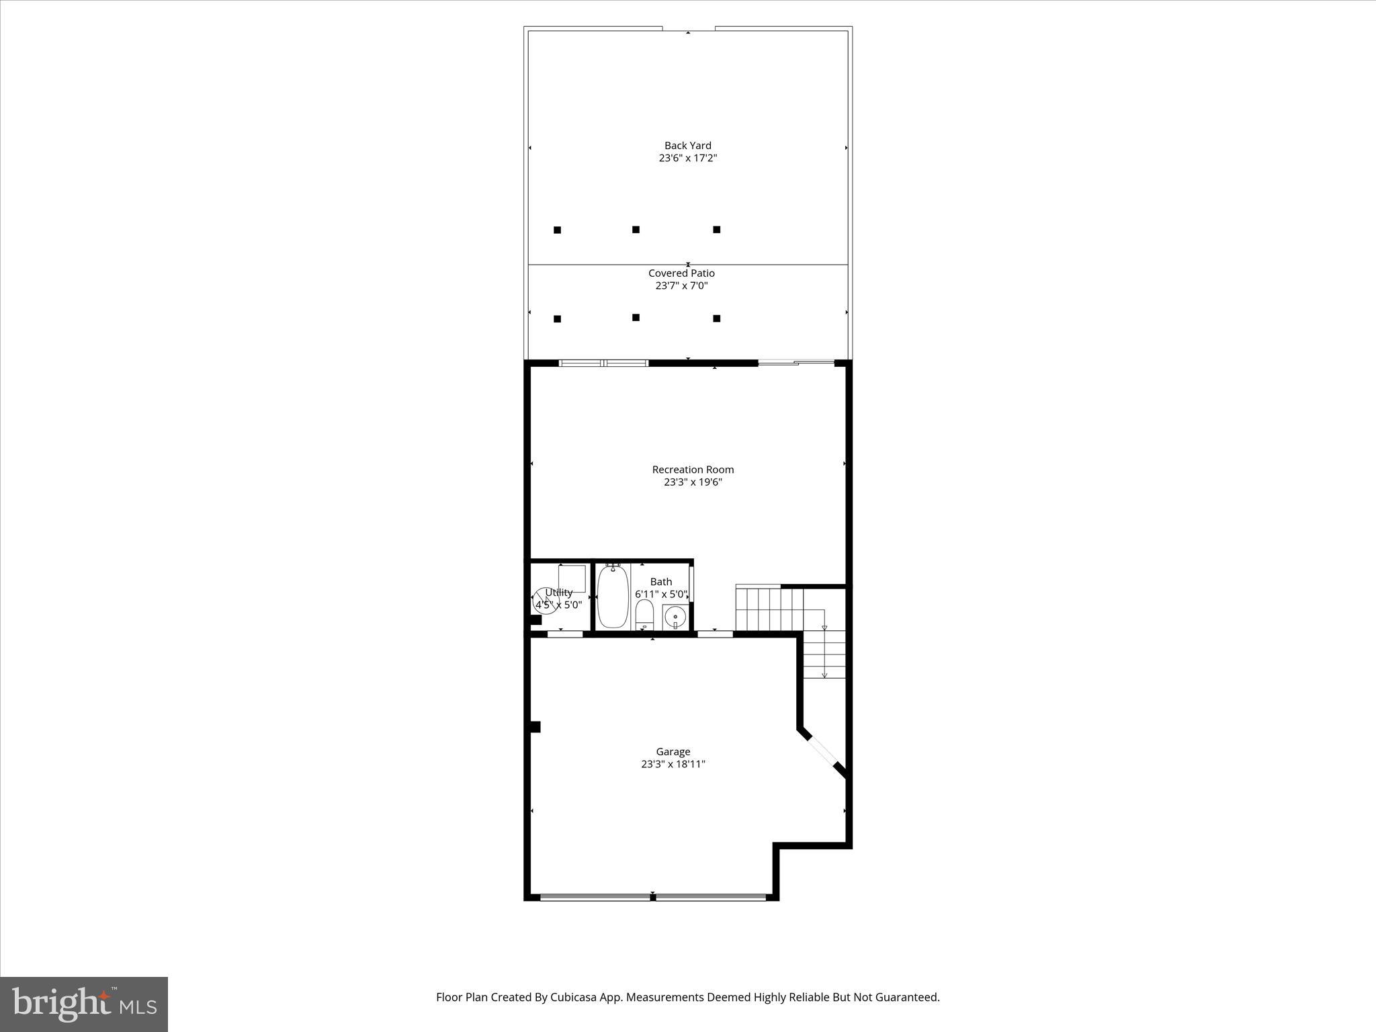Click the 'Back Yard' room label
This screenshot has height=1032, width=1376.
[x=687, y=146]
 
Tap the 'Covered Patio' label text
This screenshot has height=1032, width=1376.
[x=681, y=273]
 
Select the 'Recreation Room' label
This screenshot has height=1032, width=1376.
[x=693, y=470]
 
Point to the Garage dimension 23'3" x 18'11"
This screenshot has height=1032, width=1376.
[x=673, y=764]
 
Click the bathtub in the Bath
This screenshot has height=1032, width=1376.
[x=613, y=597]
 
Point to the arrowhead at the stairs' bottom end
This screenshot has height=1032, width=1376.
[x=824, y=675]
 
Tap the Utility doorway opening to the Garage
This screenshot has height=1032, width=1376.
[x=564, y=634]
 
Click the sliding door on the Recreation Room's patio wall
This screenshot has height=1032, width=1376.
[x=796, y=363]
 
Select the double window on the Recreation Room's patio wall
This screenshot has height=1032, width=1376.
[x=603, y=363]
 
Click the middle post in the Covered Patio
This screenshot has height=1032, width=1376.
[x=636, y=317]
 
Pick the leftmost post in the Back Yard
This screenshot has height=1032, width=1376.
[x=557, y=230]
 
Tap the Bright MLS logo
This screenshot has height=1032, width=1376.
[x=84, y=1004]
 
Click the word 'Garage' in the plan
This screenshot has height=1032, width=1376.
[x=673, y=752]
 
